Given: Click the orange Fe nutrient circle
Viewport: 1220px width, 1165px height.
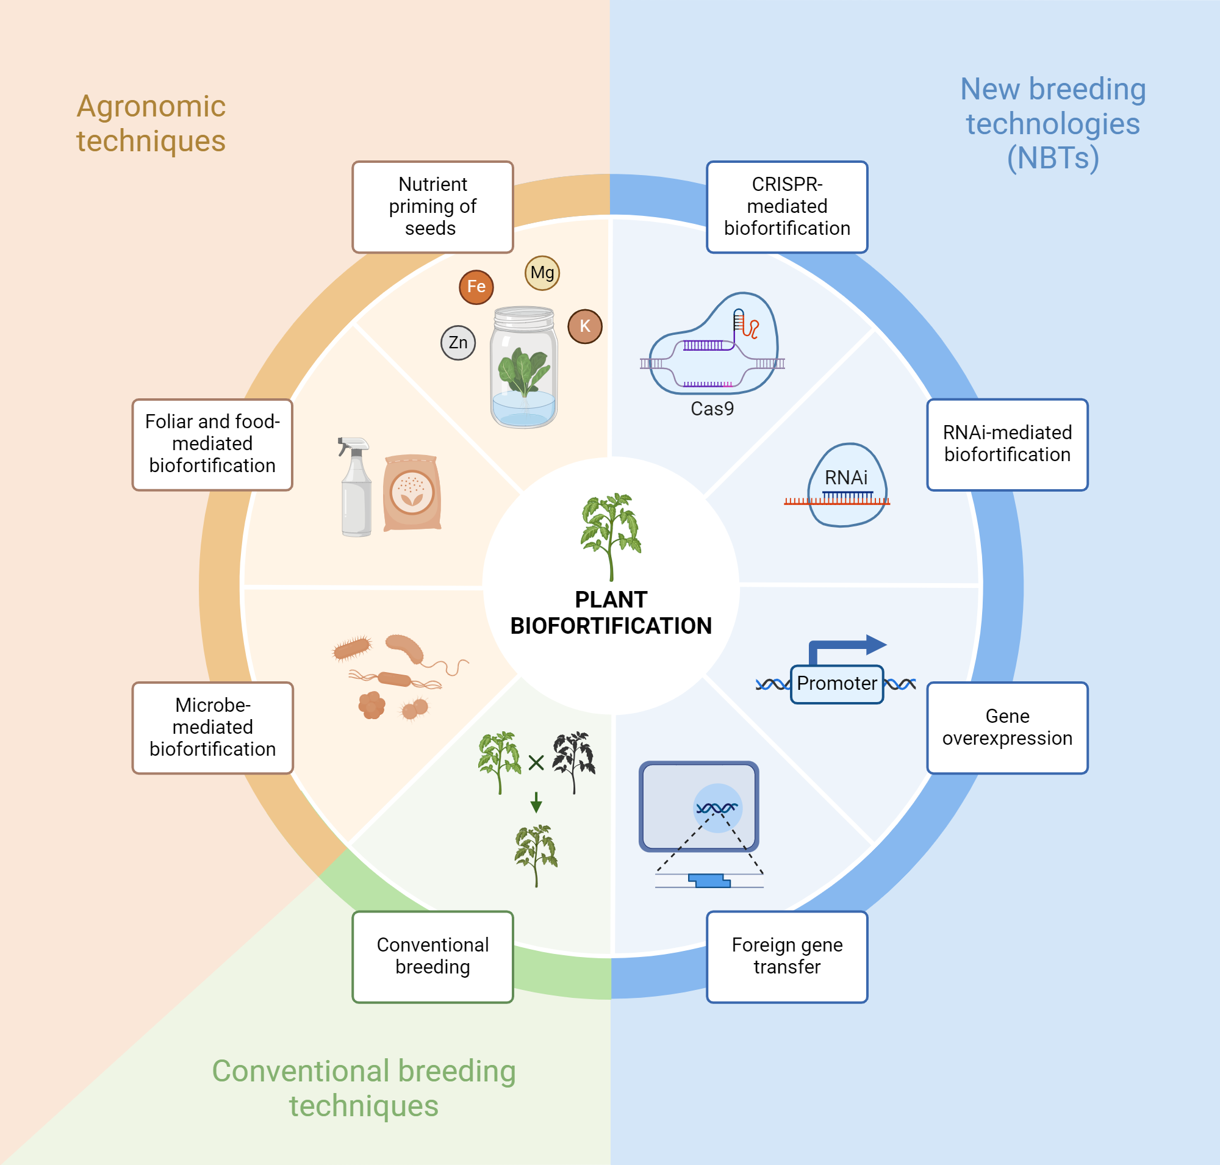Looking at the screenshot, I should point(476,287).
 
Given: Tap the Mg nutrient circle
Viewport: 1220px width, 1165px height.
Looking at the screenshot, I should point(542,273).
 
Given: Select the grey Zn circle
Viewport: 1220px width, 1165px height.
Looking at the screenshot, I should point(458,343).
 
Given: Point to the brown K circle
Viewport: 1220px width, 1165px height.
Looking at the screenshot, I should point(584,326).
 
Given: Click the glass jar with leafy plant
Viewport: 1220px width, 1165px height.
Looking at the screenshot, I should point(523,368).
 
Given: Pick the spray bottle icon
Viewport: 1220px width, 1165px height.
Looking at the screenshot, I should point(355,487).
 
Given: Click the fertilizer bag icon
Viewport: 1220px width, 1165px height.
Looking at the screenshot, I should point(412,492).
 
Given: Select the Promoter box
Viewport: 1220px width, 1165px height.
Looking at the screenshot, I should point(836,684).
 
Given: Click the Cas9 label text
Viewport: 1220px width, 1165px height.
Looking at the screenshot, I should point(712,409).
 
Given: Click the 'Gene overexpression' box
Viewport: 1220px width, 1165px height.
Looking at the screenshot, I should point(1006,727).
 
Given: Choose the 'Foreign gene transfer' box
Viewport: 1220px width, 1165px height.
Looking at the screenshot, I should point(786,956).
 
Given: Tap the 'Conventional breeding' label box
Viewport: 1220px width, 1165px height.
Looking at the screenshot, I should point(432,956).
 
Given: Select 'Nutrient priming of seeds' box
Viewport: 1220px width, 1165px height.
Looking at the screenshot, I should point(432,207).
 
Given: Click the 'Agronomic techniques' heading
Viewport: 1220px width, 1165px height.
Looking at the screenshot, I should point(151,123).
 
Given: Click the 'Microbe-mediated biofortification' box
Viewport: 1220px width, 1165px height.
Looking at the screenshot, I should point(212,727).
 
